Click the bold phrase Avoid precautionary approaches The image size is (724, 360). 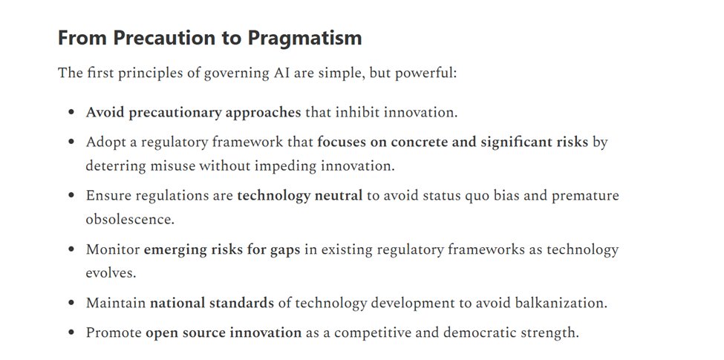[x=193, y=113]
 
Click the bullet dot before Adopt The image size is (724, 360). [x=71, y=142]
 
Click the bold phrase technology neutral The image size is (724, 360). [x=300, y=196]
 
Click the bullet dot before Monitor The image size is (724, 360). [x=71, y=250]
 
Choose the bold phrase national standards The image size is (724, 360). [x=212, y=303]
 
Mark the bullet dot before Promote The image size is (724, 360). [x=71, y=333]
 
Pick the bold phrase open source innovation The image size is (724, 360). [x=223, y=333]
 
